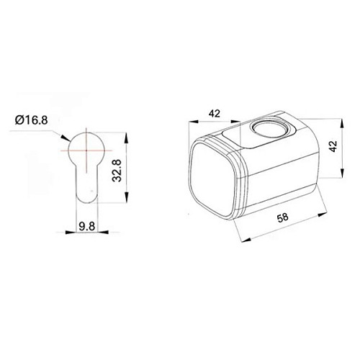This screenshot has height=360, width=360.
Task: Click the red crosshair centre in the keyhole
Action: [86, 149]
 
